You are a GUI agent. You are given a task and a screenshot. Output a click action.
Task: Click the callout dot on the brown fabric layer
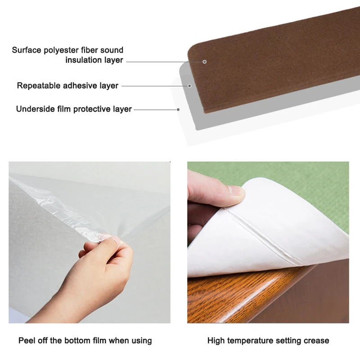point(205,62)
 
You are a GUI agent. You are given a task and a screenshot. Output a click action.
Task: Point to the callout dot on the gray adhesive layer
point(189,86)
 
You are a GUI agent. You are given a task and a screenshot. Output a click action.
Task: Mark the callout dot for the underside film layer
point(178,109)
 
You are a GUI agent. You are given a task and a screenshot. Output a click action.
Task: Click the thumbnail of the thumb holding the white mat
point(236,190)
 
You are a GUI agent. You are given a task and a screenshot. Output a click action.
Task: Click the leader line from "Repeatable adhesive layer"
point(154,86)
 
